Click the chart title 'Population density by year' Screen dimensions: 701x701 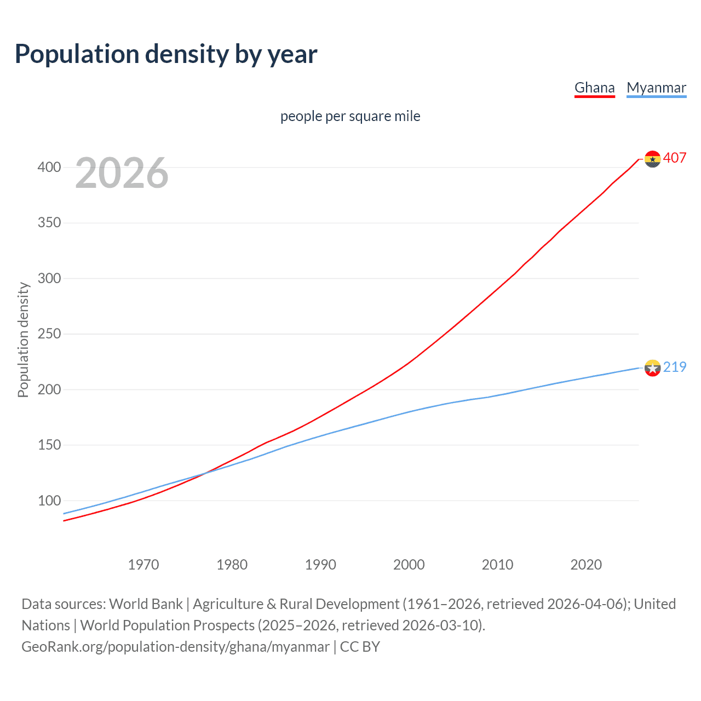click(x=166, y=54)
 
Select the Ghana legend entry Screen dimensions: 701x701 click(x=594, y=88)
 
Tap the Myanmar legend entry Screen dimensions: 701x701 click(x=656, y=88)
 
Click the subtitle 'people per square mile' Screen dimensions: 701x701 click(x=350, y=116)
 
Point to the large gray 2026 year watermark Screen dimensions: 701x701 click(x=122, y=173)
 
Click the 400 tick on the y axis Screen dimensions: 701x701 click(x=49, y=167)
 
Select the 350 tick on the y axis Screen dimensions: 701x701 click(x=49, y=223)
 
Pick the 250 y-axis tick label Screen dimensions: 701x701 click(x=49, y=334)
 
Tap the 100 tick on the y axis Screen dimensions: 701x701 click(x=49, y=501)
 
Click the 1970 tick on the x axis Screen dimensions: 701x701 click(x=143, y=565)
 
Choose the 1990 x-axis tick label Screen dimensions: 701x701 click(x=320, y=565)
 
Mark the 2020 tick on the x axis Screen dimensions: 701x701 click(x=586, y=565)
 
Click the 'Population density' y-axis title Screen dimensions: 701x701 click(x=23, y=340)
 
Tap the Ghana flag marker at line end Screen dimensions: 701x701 click(x=652, y=159)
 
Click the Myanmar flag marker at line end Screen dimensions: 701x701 click(x=652, y=368)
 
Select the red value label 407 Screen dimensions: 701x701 click(x=675, y=158)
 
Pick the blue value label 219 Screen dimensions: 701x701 click(x=675, y=367)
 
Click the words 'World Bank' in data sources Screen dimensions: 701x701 click(x=146, y=604)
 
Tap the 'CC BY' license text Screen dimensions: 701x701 click(x=360, y=647)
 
